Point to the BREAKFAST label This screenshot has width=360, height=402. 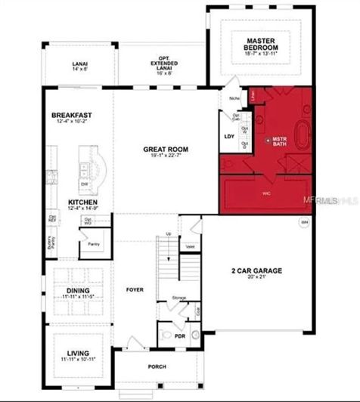(x=72, y=116)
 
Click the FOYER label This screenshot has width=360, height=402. (x=135, y=287)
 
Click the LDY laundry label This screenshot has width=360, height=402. (x=230, y=137)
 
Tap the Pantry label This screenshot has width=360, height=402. (x=95, y=245)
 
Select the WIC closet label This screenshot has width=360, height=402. (x=266, y=193)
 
